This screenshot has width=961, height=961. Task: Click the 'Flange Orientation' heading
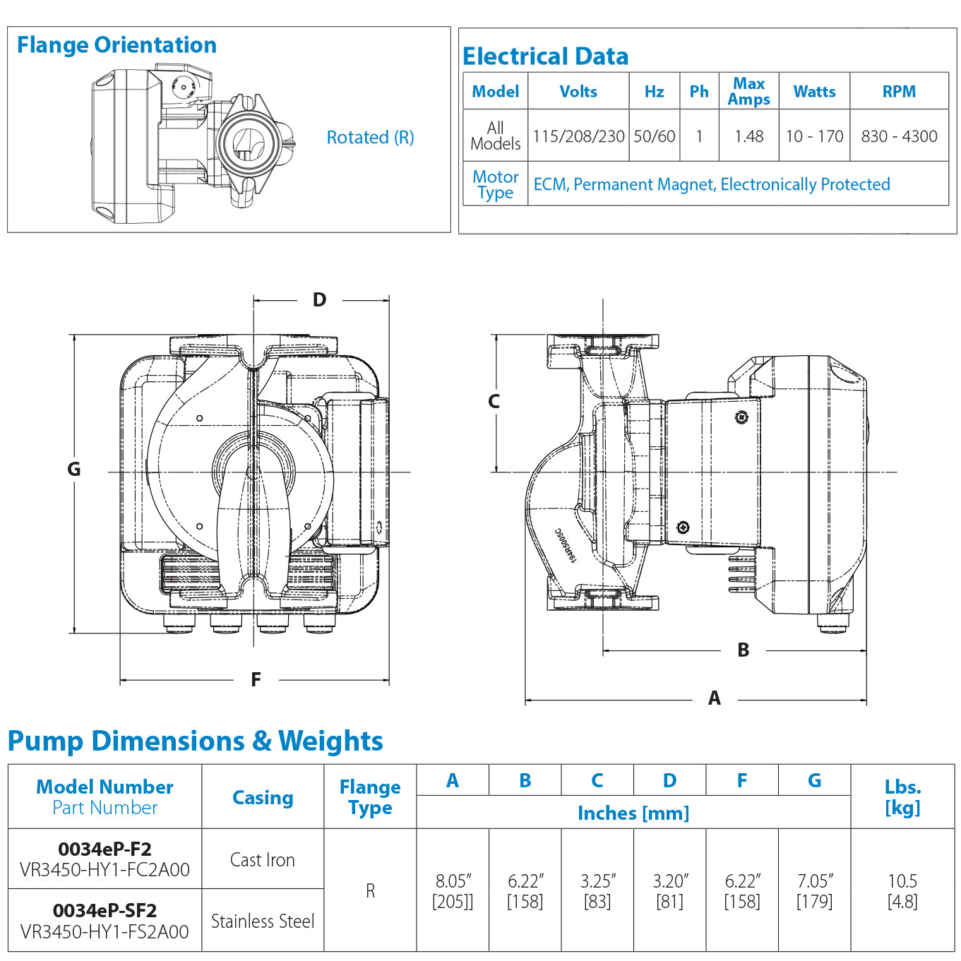pyautogui.click(x=117, y=45)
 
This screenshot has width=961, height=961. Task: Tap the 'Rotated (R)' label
pyautogui.click(x=370, y=137)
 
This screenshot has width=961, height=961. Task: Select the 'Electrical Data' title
pyautogui.click(x=545, y=56)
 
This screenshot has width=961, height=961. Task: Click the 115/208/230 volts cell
pyautogui.click(x=578, y=136)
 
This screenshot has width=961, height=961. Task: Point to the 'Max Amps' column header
pyautogui.click(x=748, y=92)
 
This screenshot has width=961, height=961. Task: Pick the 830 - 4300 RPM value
pyautogui.click(x=899, y=136)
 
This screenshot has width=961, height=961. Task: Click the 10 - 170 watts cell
pyautogui.click(x=814, y=136)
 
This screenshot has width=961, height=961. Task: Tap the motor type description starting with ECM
pyautogui.click(x=711, y=184)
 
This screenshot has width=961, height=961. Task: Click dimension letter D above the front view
pyautogui.click(x=319, y=300)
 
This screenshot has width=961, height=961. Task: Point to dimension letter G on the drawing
pyautogui.click(x=74, y=470)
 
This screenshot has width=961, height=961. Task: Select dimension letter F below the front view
pyautogui.click(x=256, y=680)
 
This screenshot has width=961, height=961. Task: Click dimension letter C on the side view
pyautogui.click(x=494, y=402)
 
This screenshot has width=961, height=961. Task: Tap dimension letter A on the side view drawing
pyautogui.click(x=715, y=698)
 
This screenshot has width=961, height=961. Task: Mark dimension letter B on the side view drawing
pyautogui.click(x=743, y=650)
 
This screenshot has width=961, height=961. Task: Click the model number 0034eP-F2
pyautogui.click(x=105, y=849)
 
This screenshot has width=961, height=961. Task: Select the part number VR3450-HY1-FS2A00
pyautogui.click(x=105, y=932)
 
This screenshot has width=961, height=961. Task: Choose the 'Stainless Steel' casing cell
pyautogui.click(x=263, y=921)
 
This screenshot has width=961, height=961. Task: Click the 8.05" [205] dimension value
pyautogui.click(x=453, y=891)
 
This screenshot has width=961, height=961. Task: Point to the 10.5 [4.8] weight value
pyautogui.click(x=902, y=891)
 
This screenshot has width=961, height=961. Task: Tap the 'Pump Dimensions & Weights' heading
pyautogui.click(x=195, y=741)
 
